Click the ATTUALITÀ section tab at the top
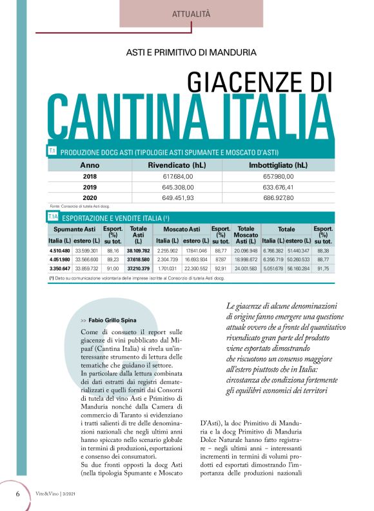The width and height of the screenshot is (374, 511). [x=192, y=13]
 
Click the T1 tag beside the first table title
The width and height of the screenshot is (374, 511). [x=52, y=152]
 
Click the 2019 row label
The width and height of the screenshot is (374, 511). [x=90, y=187]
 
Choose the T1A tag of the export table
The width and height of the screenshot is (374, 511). [x=54, y=217]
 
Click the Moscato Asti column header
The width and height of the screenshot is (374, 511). [x=181, y=229]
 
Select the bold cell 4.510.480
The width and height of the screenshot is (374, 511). [x=60, y=250]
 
